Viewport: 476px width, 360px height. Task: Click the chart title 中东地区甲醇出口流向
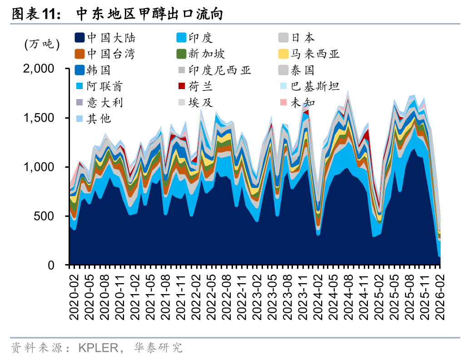pyautogui.click(x=149, y=14)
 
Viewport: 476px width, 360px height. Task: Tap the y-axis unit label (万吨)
pyautogui.click(x=42, y=44)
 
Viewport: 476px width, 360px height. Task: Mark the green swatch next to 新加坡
pyautogui.click(x=181, y=54)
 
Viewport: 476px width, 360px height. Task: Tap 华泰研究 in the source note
pyautogui.click(x=159, y=348)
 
